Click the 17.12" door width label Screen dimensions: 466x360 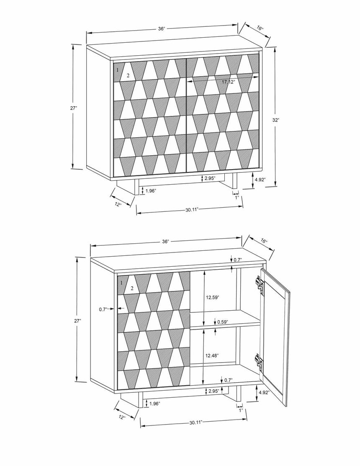(228, 82)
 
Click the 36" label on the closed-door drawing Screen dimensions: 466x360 (162, 28)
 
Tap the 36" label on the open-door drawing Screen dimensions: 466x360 (166, 242)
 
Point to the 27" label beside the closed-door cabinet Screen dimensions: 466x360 (74, 108)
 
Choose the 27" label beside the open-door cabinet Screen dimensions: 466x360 (78, 320)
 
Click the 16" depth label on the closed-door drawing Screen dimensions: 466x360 (260, 28)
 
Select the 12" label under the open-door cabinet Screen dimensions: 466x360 (122, 417)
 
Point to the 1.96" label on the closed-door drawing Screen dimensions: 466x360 (151, 191)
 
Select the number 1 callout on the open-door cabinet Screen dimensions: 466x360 (122, 283)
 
